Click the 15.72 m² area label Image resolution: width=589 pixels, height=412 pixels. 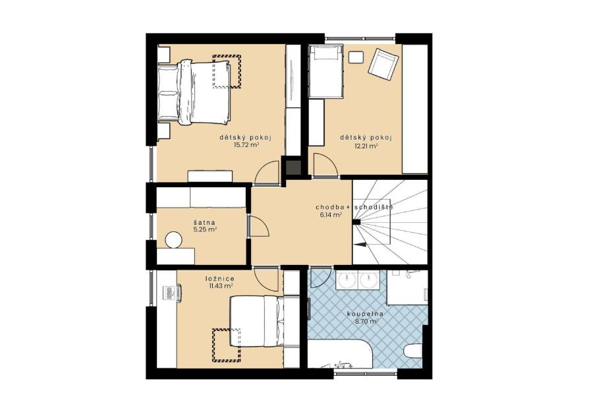pyautogui.click(x=246, y=145)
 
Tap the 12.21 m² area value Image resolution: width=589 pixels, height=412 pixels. pyautogui.click(x=366, y=146)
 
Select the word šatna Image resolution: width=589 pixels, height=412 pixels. pyautogui.click(x=205, y=223)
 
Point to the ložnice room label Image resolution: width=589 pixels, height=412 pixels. pyautogui.click(x=220, y=279)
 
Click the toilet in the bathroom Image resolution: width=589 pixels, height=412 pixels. pyautogui.click(x=416, y=352)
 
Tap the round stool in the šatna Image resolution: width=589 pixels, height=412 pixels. pyautogui.click(x=174, y=240)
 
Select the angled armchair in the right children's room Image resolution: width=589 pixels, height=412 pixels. pyautogui.click(x=383, y=65)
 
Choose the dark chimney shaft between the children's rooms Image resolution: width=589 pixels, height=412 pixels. pyautogui.click(x=293, y=167)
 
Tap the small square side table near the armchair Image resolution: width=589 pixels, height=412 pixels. pyautogui.click(x=356, y=57)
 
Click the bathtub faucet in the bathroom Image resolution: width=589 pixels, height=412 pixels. pyautogui.click(x=344, y=364)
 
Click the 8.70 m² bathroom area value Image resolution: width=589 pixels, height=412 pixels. pyautogui.click(x=366, y=322)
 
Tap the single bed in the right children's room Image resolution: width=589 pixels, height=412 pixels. pyautogui.click(x=326, y=71)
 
